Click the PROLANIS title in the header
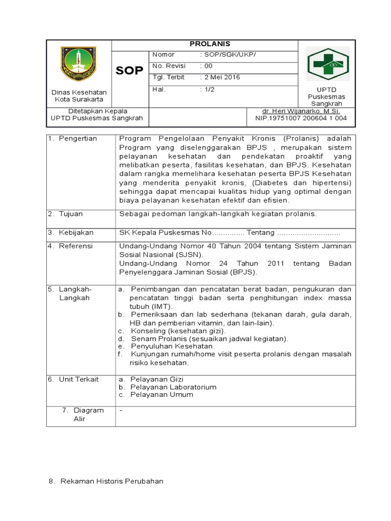coord(204,44)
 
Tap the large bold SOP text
coord(129,71)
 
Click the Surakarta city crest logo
coord(78,64)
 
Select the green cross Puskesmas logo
coord(327,64)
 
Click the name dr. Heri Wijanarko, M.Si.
coord(301,111)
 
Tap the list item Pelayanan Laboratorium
coord(173,387)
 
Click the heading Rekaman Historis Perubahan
coord(111,481)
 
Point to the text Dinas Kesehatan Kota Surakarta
coord(79,96)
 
